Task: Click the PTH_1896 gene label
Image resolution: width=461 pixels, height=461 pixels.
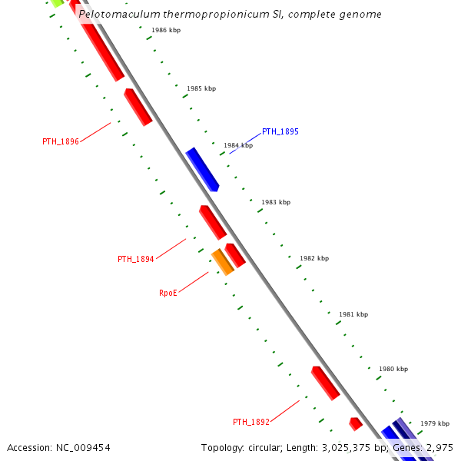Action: [61, 141]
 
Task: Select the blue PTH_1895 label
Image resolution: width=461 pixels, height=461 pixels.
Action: [280, 131]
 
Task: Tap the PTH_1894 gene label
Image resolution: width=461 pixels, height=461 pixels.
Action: [136, 259]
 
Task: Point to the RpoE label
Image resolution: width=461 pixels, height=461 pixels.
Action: [168, 293]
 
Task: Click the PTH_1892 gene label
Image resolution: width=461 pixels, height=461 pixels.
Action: [251, 422]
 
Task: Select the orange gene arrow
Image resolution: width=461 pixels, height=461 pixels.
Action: [223, 261]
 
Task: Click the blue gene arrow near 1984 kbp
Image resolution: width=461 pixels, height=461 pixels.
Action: [203, 169]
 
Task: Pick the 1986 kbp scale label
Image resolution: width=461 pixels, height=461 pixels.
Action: [166, 30]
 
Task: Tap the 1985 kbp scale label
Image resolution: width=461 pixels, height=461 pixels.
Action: [201, 88]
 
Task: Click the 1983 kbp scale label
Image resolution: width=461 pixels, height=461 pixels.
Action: [276, 202]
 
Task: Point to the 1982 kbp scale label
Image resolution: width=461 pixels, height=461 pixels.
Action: [314, 258]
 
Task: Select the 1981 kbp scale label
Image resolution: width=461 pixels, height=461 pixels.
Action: [353, 314]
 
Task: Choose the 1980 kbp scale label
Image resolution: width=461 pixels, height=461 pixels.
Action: [393, 369]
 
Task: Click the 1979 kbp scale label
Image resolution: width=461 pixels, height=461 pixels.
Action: [434, 423]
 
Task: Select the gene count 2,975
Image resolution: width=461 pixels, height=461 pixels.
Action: [441, 447]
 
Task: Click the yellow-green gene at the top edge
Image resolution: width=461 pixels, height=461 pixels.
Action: [56, 3]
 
